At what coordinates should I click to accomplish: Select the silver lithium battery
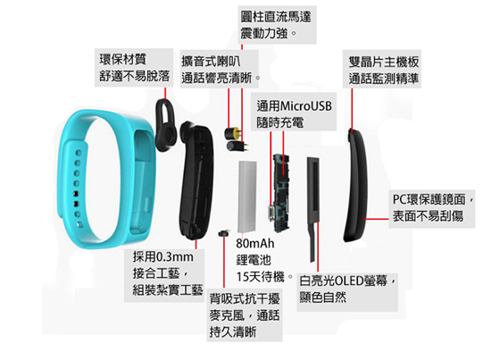247,197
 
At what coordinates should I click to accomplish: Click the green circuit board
280,192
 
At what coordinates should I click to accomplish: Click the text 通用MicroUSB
294,105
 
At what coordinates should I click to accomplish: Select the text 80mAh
255,244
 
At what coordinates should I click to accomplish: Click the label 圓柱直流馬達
276,17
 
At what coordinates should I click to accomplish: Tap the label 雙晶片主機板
384,62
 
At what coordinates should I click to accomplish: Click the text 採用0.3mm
162,256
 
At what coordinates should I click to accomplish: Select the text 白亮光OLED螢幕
343,280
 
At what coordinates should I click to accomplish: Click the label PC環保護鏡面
429,199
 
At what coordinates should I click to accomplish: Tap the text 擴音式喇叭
211,62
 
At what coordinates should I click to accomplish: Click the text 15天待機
260,276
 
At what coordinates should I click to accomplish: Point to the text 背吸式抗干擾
245,298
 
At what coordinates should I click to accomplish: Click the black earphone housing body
196,182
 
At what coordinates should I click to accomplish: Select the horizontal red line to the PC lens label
377,219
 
